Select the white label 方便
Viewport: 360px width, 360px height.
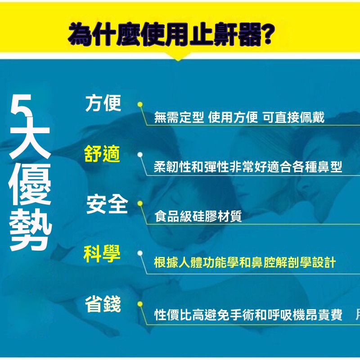103,103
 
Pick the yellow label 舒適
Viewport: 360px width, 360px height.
102,153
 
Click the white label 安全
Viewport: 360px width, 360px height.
107,204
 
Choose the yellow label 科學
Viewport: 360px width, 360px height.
102,254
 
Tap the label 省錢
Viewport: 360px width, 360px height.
103,304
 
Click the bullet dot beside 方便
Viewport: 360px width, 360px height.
140,104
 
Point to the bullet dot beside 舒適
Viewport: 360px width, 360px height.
140,155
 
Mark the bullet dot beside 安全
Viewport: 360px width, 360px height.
140,203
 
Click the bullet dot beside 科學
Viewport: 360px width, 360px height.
140,253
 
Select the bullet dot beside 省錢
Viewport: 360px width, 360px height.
140,304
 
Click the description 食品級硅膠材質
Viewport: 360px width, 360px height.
198,216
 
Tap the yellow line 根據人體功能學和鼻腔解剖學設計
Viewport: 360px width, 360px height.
245,262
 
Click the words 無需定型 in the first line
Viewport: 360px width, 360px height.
179,117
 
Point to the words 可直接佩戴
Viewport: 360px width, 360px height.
293,117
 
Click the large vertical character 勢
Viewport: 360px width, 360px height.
30,230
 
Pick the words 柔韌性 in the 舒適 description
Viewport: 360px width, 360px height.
173,166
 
